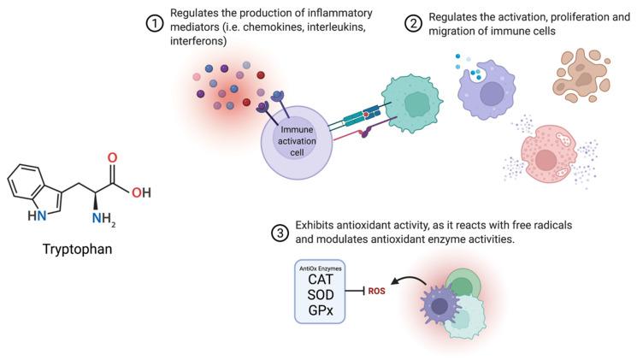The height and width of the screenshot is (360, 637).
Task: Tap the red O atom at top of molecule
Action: [x=112, y=159]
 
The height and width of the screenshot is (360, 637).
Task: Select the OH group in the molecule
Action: [x=142, y=192]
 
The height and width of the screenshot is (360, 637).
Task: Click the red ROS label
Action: [x=378, y=291]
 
